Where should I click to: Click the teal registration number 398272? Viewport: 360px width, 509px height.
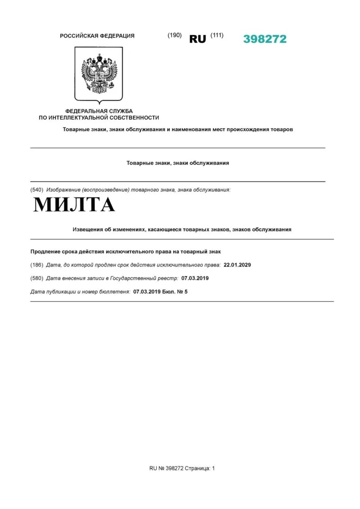[x=265, y=39]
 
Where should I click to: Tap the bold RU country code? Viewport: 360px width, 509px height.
[x=198, y=39]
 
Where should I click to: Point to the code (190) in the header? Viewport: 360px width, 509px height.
[x=175, y=36]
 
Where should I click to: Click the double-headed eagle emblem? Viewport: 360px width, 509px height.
[x=99, y=73]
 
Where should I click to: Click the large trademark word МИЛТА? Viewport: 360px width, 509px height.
[x=74, y=205]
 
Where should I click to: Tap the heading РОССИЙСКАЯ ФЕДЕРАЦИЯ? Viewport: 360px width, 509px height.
[x=97, y=36]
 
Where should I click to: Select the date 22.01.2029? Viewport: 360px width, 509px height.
[x=237, y=265]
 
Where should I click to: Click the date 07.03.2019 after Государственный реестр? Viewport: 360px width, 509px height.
[x=195, y=278]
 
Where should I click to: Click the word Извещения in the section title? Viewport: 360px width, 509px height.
[x=88, y=230]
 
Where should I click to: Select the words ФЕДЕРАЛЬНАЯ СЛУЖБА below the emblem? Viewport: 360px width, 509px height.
[x=99, y=111]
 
